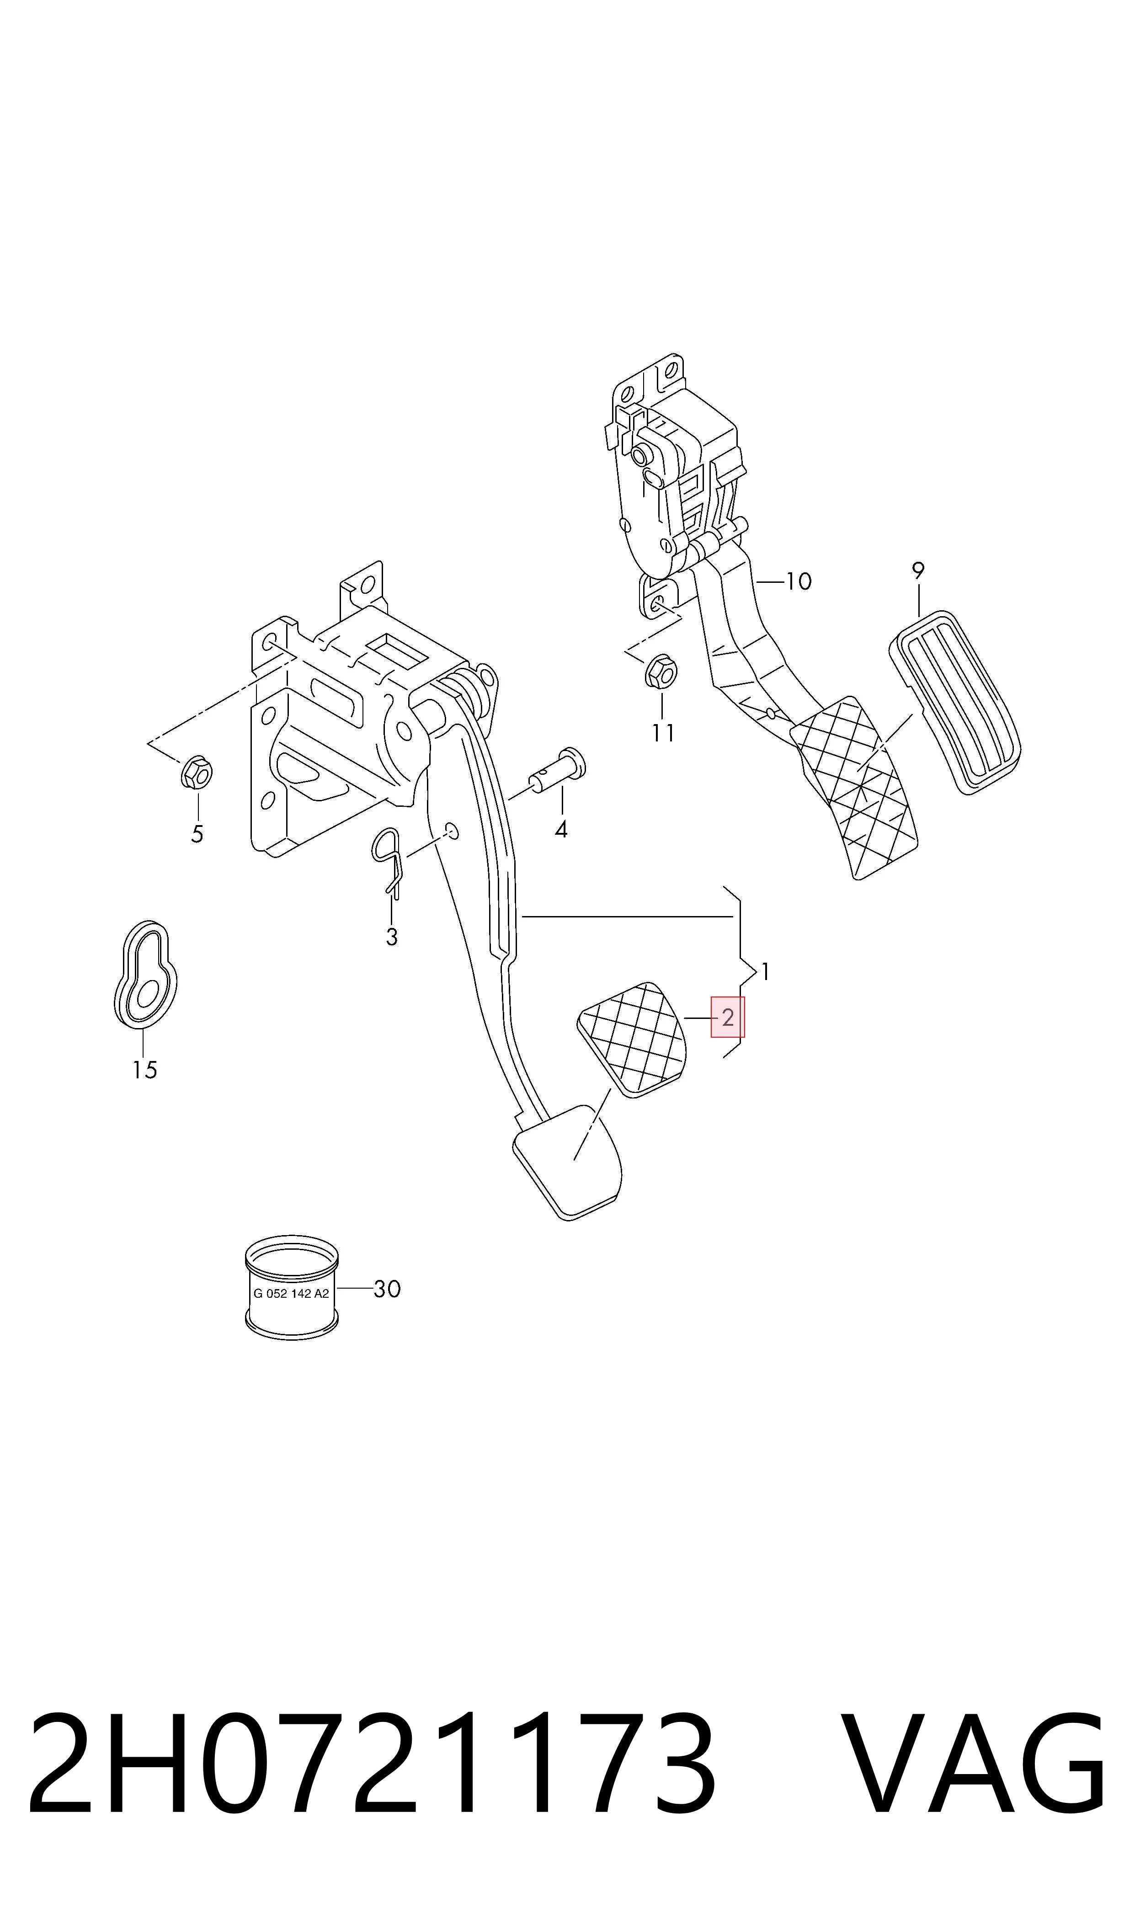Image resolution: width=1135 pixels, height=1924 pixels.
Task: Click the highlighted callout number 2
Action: click(x=727, y=1017)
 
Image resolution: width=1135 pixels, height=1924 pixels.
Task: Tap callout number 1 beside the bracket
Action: click(x=766, y=972)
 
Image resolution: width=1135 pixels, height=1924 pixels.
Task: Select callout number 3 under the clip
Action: click(x=392, y=937)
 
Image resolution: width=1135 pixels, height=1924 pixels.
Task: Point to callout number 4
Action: click(x=561, y=829)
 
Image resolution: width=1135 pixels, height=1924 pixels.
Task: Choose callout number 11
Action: click(x=663, y=733)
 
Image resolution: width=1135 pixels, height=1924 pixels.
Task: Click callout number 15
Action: click(x=144, y=1070)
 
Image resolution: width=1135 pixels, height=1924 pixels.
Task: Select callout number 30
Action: click(x=387, y=1289)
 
